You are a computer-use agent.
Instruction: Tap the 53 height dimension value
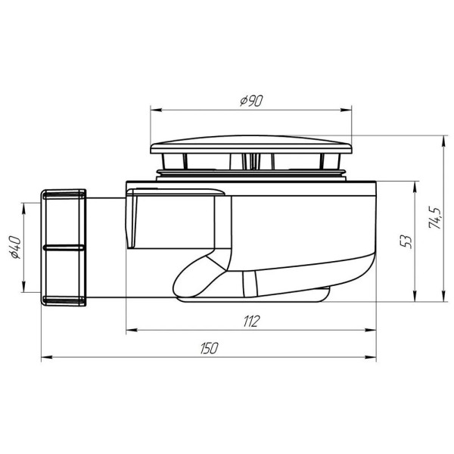tap(406, 241)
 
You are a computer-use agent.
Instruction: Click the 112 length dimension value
tap(250, 322)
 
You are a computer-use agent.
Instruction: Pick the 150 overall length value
tap(210, 348)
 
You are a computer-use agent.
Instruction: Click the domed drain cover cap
tap(252, 145)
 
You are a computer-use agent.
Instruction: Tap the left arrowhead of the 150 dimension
tap(45, 356)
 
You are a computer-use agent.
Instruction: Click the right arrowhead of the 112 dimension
tap(374, 330)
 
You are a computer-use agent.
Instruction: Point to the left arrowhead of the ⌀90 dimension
tap(154, 110)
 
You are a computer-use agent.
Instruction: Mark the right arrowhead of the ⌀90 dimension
tap(350, 110)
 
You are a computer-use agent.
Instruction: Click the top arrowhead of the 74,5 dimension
tap(443, 140)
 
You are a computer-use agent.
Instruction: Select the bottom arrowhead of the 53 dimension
tap(415, 297)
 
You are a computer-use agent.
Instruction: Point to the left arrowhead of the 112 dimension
tap(129, 330)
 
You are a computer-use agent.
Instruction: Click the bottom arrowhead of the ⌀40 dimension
tap(25, 288)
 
